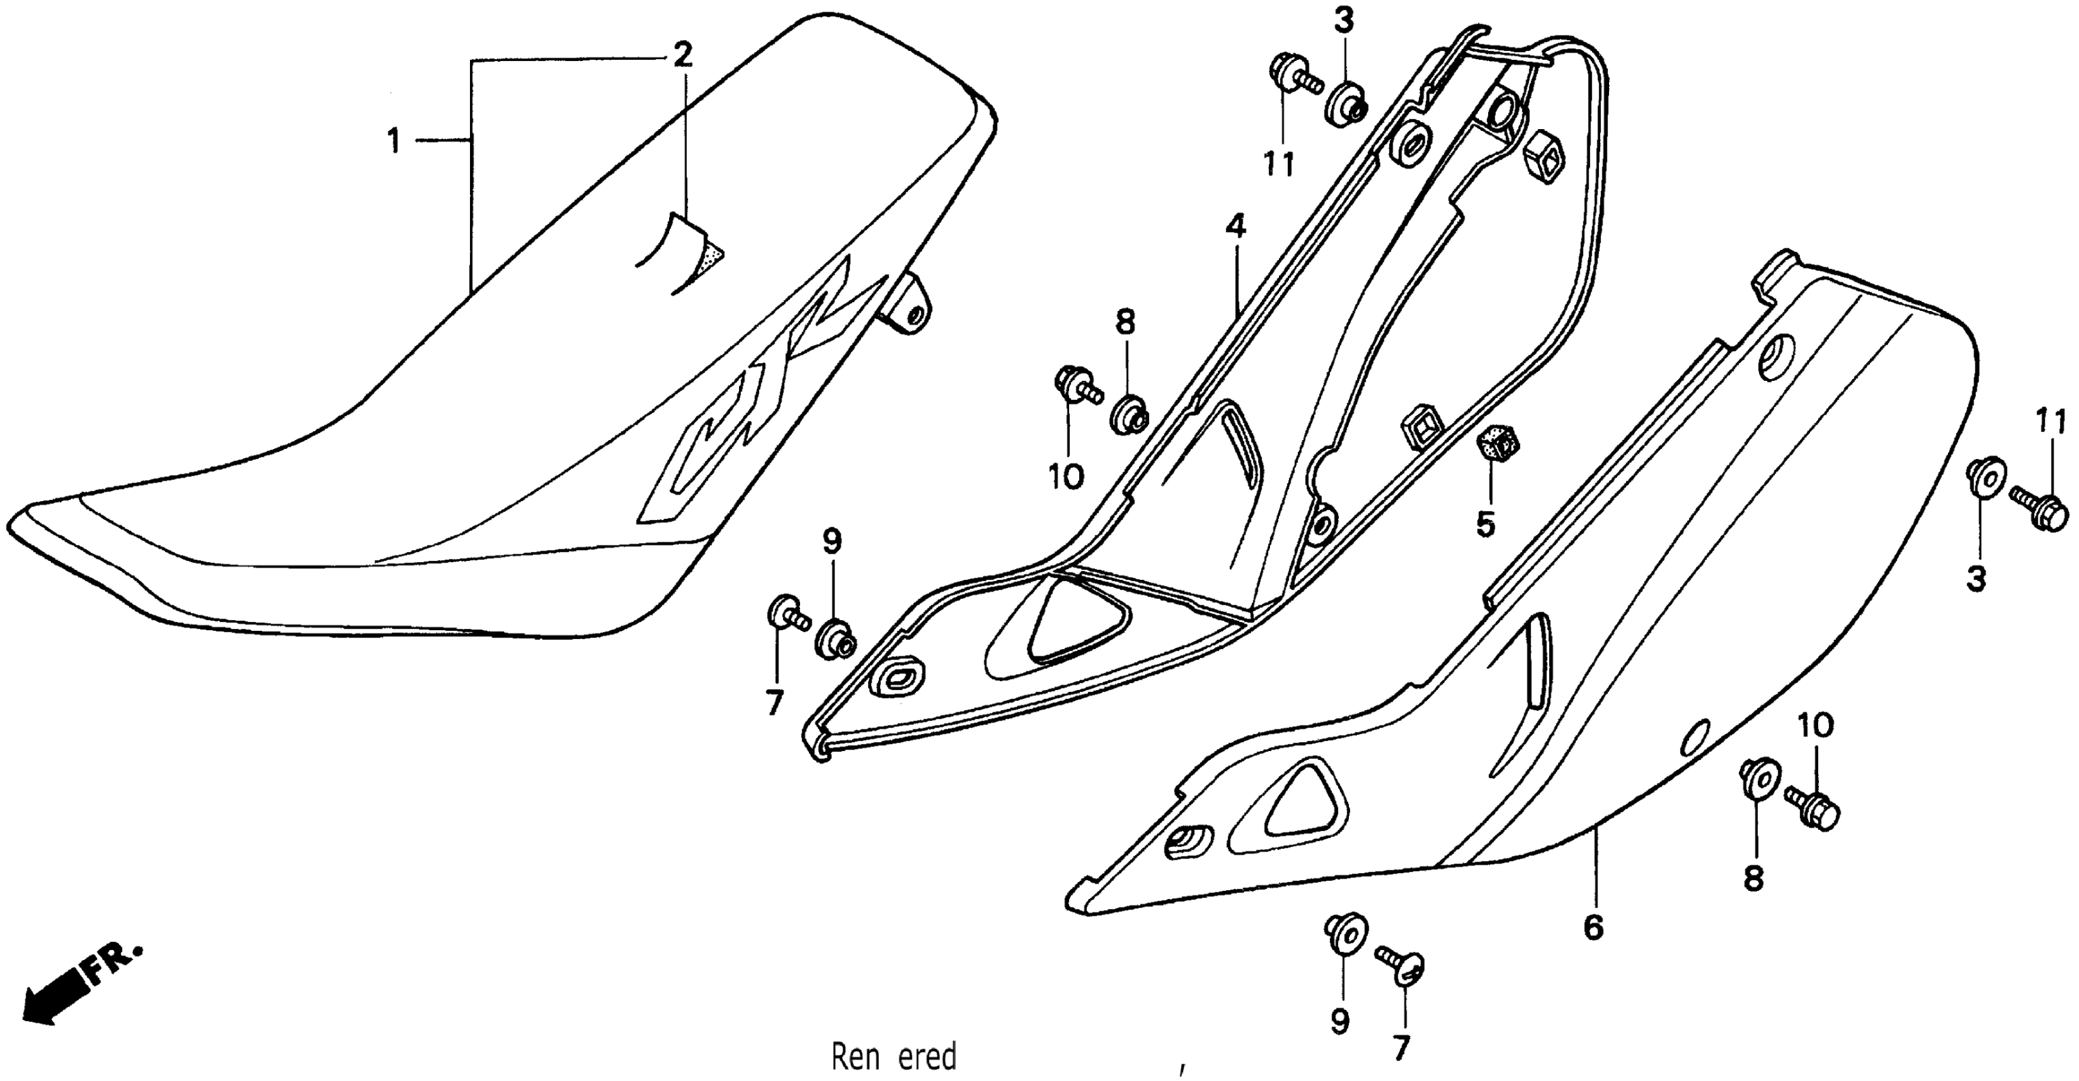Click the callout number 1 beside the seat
tap(393, 142)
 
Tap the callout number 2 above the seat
tap(682, 55)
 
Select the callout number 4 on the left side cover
tap(1235, 226)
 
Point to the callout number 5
tap(1485, 525)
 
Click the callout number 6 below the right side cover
tap(1593, 928)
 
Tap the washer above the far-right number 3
tap(1985, 476)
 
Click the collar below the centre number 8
tap(1128, 415)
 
